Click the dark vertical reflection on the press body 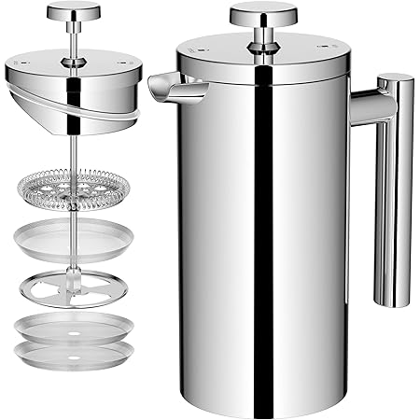coord(241,233)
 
